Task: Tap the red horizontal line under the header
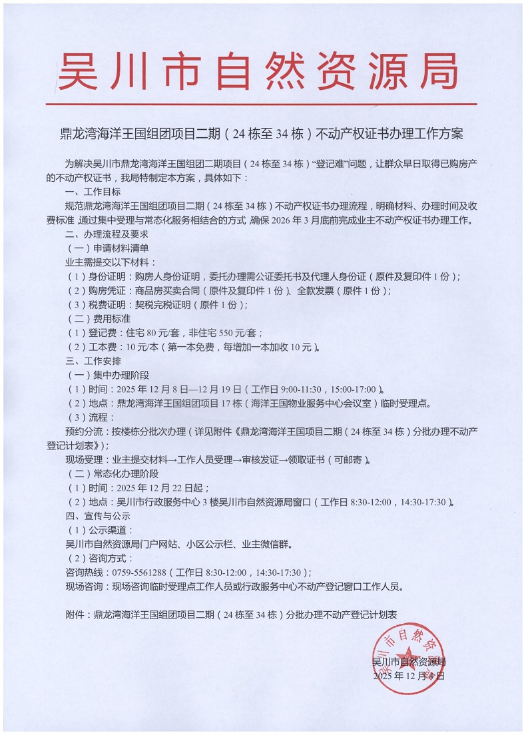[261, 105]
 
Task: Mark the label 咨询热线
[83, 573]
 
